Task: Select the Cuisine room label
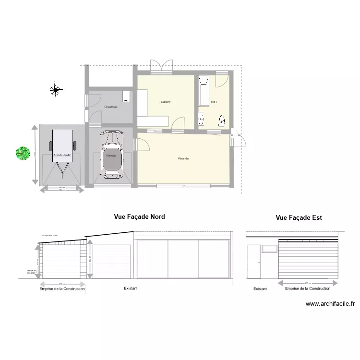(x=166, y=102)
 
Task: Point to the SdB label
(x=214, y=102)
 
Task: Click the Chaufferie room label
(x=111, y=107)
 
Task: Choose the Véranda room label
(x=183, y=158)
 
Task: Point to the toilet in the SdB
(x=222, y=119)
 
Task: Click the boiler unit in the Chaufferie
(x=126, y=96)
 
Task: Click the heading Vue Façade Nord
(x=139, y=217)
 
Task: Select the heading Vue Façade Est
(x=299, y=217)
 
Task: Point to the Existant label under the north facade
(x=131, y=288)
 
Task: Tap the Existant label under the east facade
(x=260, y=289)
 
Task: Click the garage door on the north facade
(x=111, y=262)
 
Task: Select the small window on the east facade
(x=269, y=248)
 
